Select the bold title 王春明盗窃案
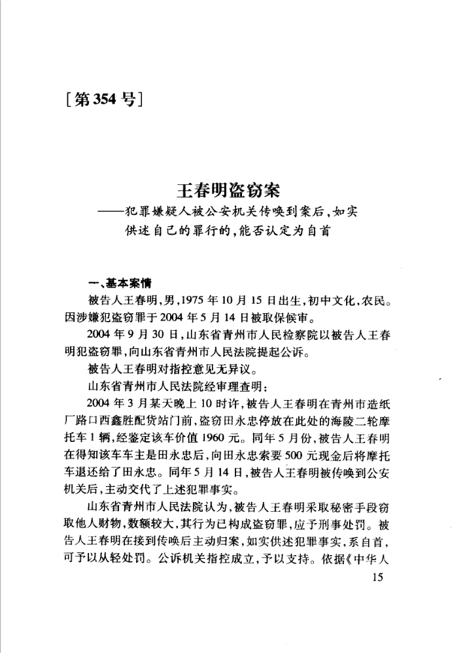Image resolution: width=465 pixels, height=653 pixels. pos(228,190)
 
